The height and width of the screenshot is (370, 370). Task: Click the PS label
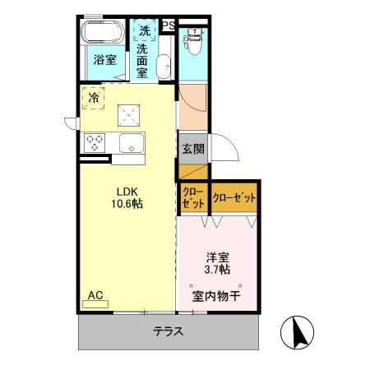pyautogui.click(x=167, y=25)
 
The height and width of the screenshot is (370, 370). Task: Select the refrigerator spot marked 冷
pyautogui.click(x=93, y=97)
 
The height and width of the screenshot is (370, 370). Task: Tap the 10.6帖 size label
pyautogui.click(x=127, y=201)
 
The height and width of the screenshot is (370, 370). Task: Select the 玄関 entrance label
pyautogui.click(x=192, y=149)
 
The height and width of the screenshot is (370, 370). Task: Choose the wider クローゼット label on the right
pyautogui.click(x=234, y=198)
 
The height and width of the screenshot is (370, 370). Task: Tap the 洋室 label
pyautogui.click(x=217, y=256)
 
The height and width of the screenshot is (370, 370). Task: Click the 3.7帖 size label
pyautogui.click(x=217, y=269)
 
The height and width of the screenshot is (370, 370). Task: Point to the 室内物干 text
pyautogui.click(x=216, y=296)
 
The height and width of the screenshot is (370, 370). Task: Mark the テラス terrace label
pyautogui.click(x=167, y=332)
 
